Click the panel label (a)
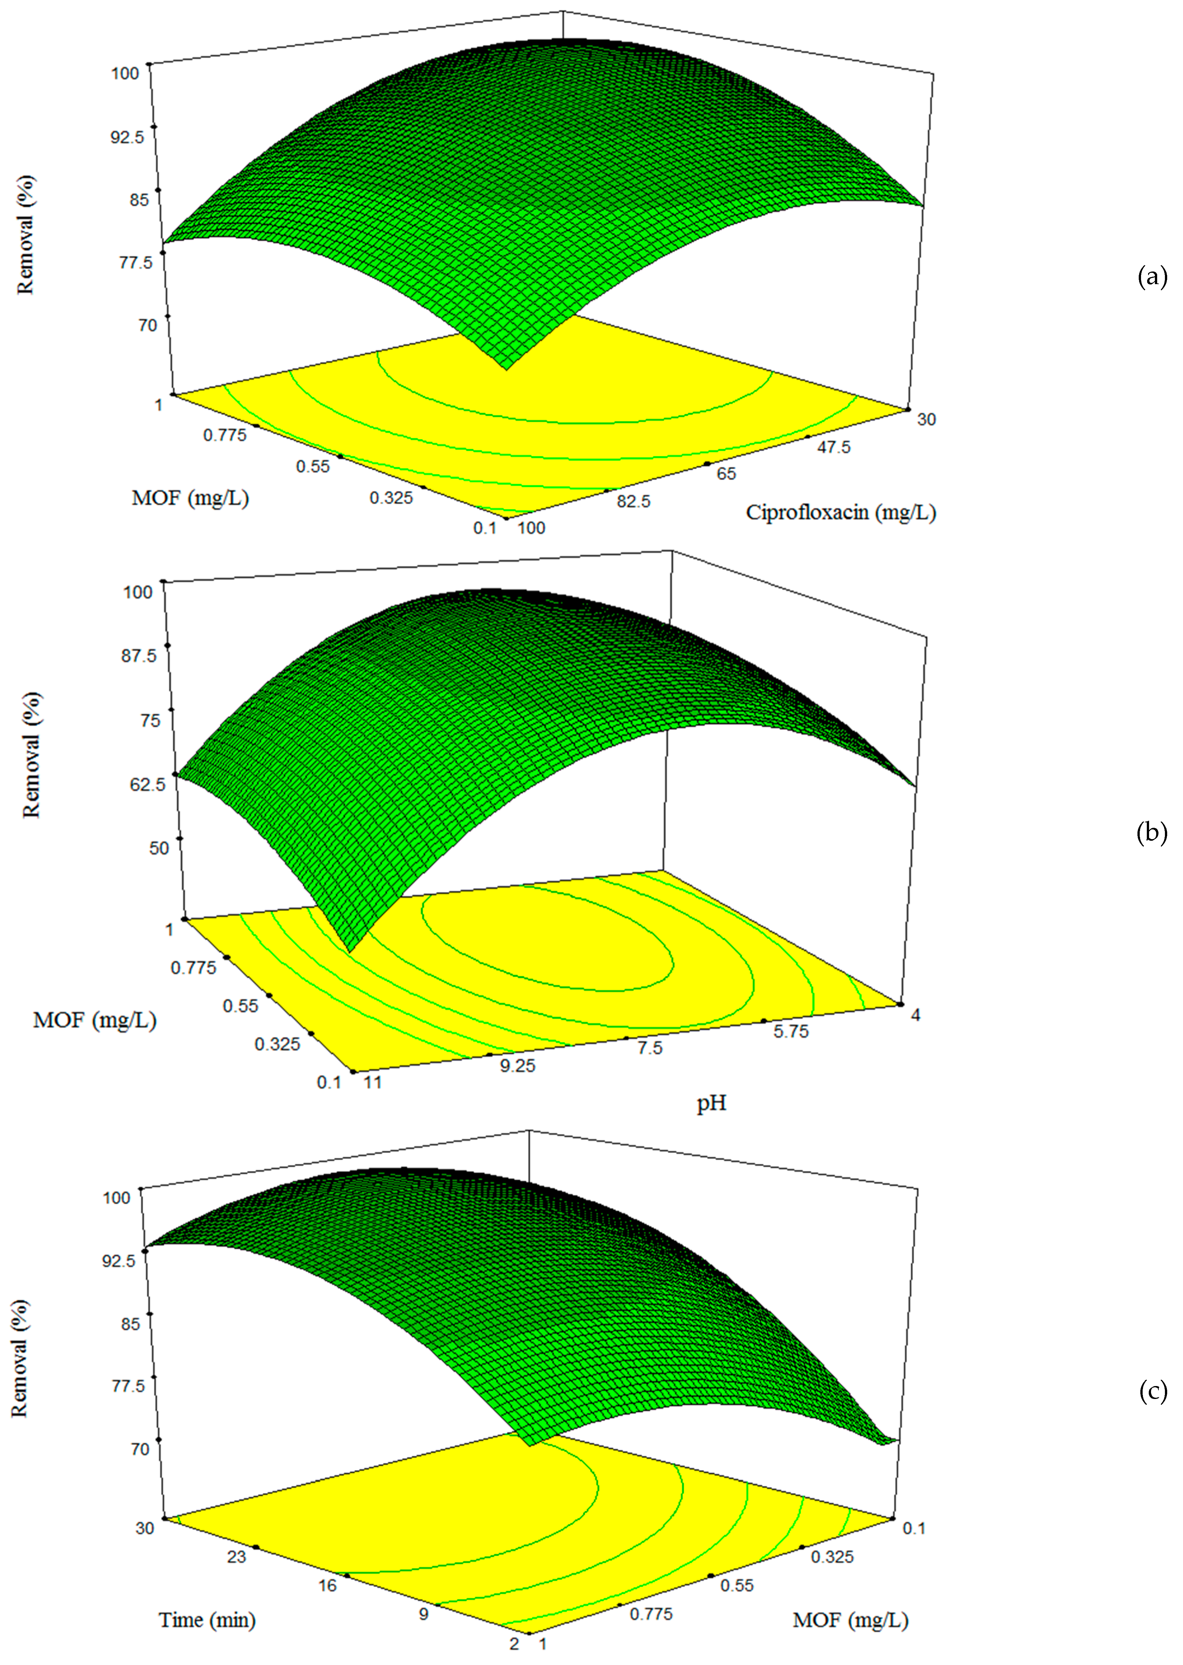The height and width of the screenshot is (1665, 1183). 1152,278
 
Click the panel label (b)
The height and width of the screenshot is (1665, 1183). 1152,833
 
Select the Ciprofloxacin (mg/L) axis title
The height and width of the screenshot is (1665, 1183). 841,513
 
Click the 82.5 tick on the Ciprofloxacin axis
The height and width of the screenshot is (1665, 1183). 633,501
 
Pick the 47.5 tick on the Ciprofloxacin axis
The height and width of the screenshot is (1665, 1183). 833,447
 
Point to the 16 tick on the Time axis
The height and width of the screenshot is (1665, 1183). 328,1585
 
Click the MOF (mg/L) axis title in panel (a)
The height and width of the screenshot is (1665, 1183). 190,498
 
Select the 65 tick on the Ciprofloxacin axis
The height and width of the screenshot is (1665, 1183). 726,474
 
